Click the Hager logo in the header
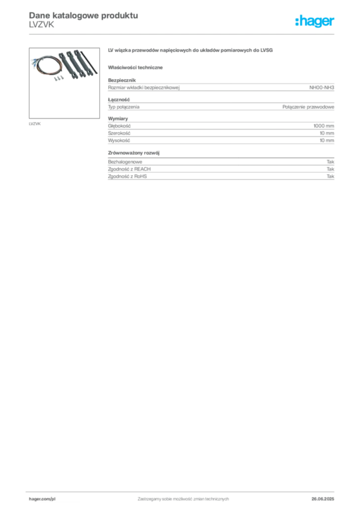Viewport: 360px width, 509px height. point(315,21)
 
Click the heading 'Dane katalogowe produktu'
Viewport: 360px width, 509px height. point(84,15)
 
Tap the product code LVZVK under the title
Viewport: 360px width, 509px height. point(42,25)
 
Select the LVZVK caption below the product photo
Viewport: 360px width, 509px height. point(35,124)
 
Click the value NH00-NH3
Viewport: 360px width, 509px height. point(321,87)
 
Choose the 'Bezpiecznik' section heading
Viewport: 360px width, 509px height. point(122,80)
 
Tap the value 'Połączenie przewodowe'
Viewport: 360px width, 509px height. point(308,107)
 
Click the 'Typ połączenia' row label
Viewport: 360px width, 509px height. point(124,107)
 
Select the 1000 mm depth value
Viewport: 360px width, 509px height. point(324,126)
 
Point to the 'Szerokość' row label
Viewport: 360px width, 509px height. point(119,133)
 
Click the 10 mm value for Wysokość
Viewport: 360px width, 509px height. point(327,141)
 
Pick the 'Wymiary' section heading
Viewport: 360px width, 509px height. point(118,118)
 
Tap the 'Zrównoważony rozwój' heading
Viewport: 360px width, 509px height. point(134,153)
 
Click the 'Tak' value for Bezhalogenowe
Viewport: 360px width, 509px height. point(331,162)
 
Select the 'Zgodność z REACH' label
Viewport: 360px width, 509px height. point(129,169)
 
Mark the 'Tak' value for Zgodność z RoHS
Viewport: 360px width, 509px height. point(331,176)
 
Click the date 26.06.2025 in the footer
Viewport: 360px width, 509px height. point(323,499)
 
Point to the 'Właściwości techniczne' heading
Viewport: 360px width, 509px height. point(135,68)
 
